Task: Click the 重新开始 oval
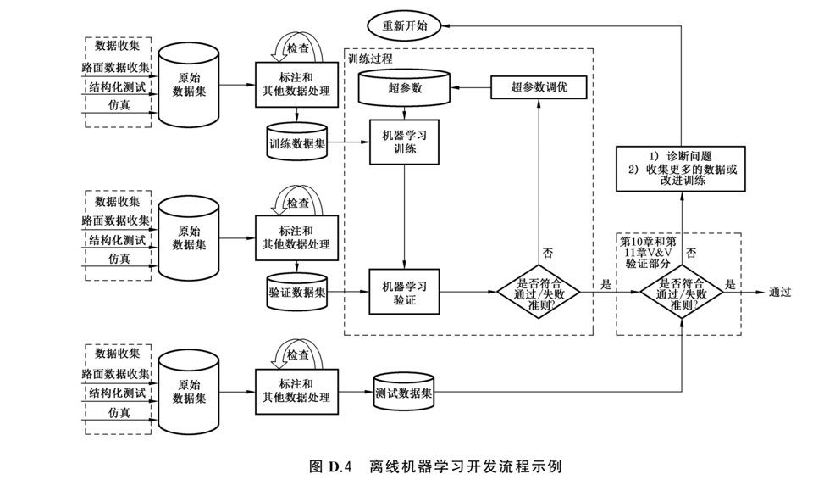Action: pos(404,25)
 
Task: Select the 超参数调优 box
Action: pos(539,87)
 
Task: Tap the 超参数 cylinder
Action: pos(404,88)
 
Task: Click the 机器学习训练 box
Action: pos(404,142)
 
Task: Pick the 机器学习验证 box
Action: pos(404,292)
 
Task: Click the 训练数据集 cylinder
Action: pos(297,142)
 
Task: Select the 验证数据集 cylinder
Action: pos(297,292)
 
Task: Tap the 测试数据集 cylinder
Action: pos(404,393)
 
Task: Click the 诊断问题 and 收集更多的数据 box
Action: pos(681,169)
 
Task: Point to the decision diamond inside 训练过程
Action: pos(539,292)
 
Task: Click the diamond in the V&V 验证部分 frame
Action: pos(682,292)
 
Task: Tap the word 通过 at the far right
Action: pos(780,292)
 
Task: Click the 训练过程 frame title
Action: pos(370,59)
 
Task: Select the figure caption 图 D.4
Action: pos(330,466)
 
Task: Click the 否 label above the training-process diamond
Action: pos(548,253)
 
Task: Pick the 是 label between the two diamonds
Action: pos(606,285)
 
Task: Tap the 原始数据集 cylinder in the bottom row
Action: pos(189,392)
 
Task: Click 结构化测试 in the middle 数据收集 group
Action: pos(117,240)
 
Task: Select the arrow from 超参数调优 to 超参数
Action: pos(471,87)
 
